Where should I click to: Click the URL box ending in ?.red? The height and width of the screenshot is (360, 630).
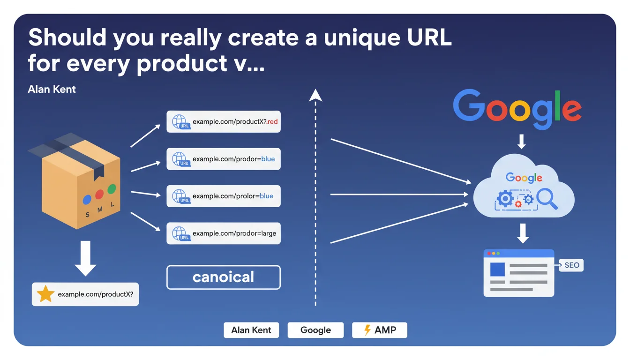(x=224, y=121)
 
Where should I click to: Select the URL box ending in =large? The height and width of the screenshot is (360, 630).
(x=224, y=233)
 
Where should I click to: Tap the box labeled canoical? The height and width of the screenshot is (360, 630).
(x=224, y=277)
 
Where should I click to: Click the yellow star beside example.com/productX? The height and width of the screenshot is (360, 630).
(x=45, y=294)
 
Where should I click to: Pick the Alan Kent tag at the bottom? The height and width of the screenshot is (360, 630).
(x=251, y=330)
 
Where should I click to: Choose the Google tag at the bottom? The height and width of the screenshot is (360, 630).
(x=315, y=330)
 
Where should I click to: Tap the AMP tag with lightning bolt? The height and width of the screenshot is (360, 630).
(x=380, y=330)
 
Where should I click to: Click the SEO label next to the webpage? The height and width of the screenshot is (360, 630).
(x=572, y=265)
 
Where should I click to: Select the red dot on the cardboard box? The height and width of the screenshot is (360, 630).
(x=99, y=194)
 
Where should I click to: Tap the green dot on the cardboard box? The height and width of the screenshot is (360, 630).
(x=112, y=189)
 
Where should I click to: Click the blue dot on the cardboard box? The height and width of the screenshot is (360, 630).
(x=87, y=200)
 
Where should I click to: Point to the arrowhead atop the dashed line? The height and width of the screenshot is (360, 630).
(x=315, y=96)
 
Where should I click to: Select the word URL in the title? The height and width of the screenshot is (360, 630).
(x=427, y=38)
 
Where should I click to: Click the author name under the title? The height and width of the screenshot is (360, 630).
(x=52, y=89)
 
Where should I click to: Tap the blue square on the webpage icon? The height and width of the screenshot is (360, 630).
(x=497, y=270)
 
